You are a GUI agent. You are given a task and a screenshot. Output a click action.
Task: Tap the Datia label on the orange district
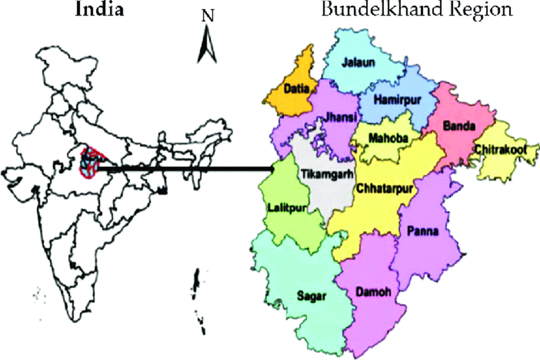[x=296, y=89]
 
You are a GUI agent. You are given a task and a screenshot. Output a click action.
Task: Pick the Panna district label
[x=424, y=230]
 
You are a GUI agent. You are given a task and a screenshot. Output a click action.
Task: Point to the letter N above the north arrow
[x=208, y=17]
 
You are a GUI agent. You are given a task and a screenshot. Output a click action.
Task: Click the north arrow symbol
[x=208, y=45]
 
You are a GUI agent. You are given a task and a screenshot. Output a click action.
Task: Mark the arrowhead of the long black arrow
[x=272, y=170]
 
